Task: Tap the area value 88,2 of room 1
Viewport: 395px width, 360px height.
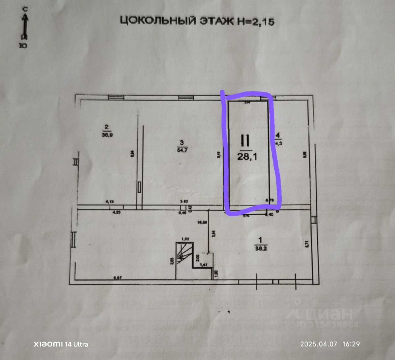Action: click(x=261, y=249)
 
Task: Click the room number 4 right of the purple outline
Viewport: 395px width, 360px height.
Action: click(x=277, y=135)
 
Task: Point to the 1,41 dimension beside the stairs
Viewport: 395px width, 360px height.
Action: click(x=204, y=264)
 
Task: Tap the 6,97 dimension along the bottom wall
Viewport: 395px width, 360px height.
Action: click(x=118, y=278)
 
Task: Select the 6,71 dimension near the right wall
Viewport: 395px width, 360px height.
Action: click(x=306, y=244)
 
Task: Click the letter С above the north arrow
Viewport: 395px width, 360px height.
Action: click(x=25, y=10)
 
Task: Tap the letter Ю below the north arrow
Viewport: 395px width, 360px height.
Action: click(x=23, y=46)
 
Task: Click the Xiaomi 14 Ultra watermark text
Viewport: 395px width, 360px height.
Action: click(x=61, y=344)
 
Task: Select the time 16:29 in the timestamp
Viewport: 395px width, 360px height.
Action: click(x=351, y=344)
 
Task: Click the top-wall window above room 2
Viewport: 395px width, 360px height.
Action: click(x=116, y=97)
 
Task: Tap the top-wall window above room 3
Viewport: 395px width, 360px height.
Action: click(x=186, y=97)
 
